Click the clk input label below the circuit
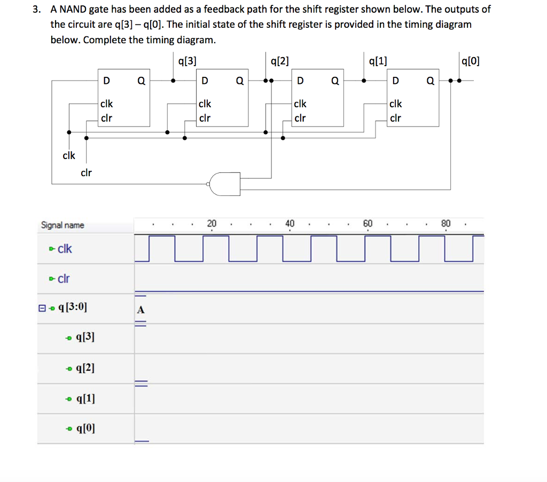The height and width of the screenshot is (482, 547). [69, 155]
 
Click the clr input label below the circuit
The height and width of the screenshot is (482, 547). [86, 172]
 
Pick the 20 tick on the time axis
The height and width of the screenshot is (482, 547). [212, 223]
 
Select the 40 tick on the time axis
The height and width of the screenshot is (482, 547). [290, 223]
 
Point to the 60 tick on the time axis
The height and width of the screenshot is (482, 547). [368, 223]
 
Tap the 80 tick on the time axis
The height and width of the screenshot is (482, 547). [446, 223]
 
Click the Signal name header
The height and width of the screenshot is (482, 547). [62, 225]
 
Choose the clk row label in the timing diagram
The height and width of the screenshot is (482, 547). [64, 249]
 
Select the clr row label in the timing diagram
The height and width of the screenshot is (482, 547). [64, 278]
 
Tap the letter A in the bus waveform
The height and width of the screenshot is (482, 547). [140, 309]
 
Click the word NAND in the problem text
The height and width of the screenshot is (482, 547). [81, 10]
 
